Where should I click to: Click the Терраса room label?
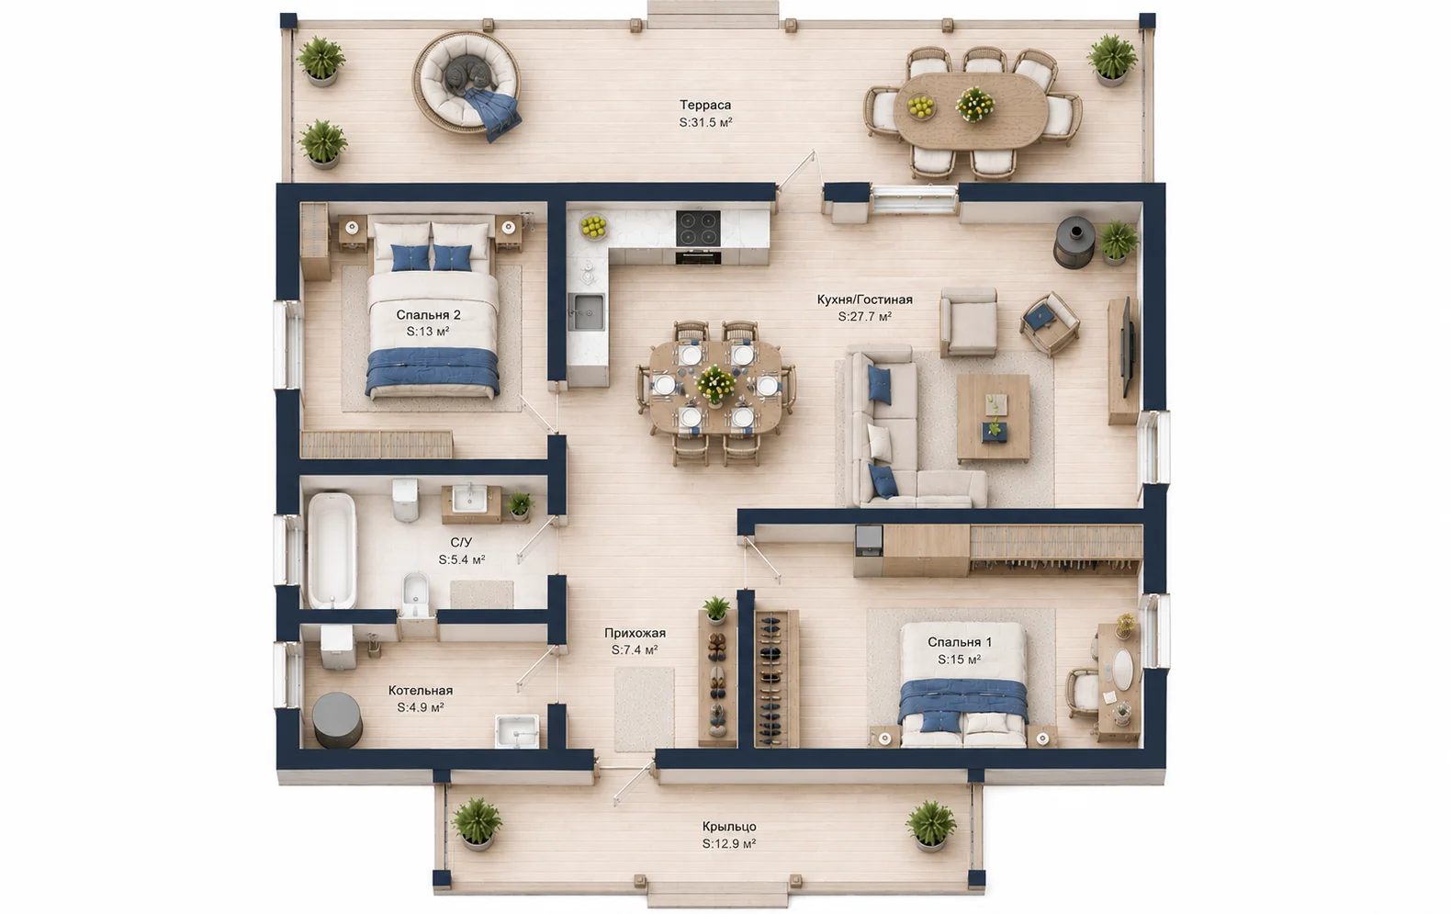point(704,105)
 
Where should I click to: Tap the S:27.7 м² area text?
point(865,317)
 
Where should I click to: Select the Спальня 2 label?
point(428,315)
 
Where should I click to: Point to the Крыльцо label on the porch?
point(729,827)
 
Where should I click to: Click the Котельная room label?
point(421,691)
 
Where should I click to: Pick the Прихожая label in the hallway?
point(635,633)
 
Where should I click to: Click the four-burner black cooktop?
point(698,228)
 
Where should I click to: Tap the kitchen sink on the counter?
point(586,311)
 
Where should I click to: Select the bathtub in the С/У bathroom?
point(332,550)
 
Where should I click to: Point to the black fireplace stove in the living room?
point(1074,243)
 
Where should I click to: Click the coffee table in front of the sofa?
point(993,418)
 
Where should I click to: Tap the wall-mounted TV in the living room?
point(1127,346)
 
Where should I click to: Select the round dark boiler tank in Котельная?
point(337,719)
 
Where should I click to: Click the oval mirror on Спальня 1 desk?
point(1122,670)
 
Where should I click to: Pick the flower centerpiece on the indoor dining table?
point(715,384)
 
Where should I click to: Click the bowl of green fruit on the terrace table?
point(920,107)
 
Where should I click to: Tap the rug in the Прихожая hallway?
point(644,710)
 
